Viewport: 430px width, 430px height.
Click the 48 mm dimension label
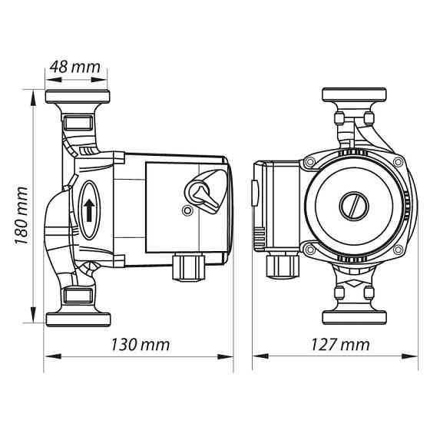[x=75, y=67]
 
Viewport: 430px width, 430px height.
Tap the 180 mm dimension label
[x=21, y=216]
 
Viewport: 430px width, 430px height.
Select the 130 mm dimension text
[x=140, y=345]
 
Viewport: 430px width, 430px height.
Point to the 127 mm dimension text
[x=340, y=345]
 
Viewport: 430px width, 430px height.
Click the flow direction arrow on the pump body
[x=89, y=210]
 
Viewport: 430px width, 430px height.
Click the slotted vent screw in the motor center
[x=354, y=206]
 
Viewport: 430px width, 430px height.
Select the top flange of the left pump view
[x=78, y=97]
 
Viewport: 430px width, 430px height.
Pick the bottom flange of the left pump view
[x=78, y=319]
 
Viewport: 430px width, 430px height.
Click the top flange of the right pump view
[x=354, y=95]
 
